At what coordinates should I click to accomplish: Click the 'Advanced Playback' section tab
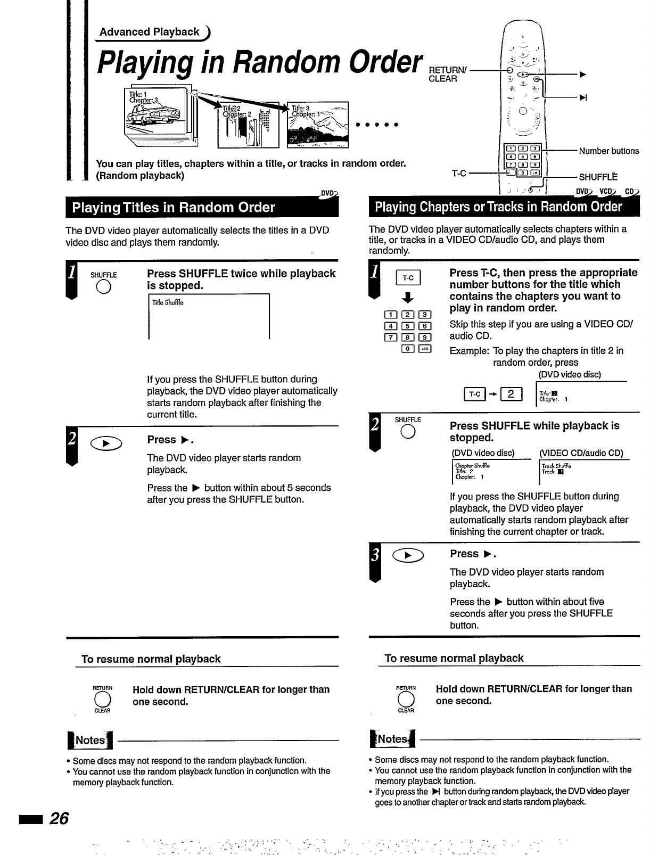coord(150,32)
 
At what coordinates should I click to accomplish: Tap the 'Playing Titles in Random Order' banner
coord(174,208)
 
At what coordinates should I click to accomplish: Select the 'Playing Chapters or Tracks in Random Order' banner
coord(498,207)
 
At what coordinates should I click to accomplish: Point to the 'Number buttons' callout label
coord(608,151)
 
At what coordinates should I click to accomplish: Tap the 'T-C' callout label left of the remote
coord(459,174)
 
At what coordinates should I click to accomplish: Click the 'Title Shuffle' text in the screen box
coord(168,303)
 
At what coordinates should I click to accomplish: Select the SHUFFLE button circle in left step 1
coord(103,287)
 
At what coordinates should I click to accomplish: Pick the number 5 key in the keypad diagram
coord(408,326)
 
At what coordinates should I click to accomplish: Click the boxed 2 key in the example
coord(511,394)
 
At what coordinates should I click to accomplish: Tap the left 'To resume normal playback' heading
coord(151,659)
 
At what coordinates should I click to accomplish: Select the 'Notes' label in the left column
coord(90,740)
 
